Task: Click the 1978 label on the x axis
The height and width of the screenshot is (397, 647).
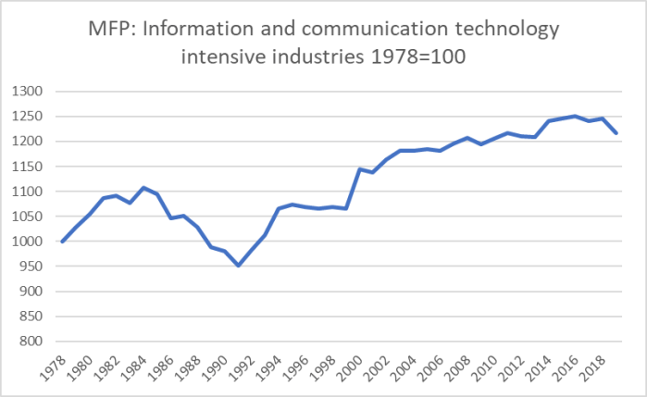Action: [x=54, y=367]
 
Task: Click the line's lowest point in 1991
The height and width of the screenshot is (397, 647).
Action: [x=239, y=266]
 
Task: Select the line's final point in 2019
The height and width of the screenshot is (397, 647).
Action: [x=616, y=133]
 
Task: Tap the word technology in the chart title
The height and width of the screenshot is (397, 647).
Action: [x=498, y=30]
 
